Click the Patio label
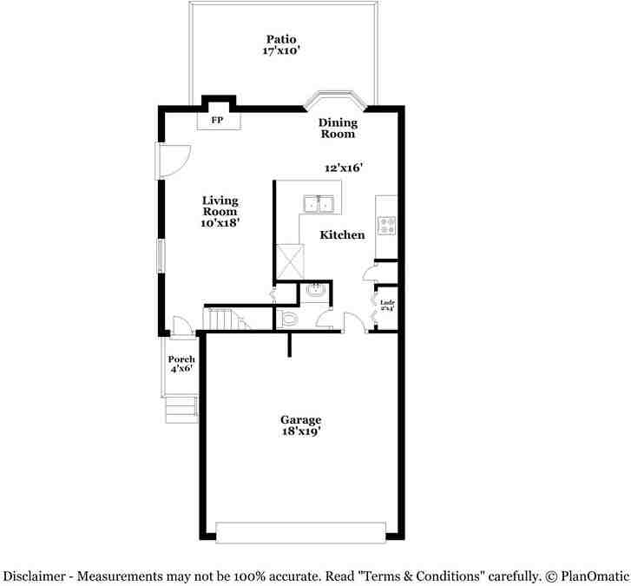281,39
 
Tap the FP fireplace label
217,121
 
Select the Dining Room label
338,128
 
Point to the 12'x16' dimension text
343,168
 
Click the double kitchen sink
320,204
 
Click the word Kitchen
342,235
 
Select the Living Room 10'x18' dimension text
220,223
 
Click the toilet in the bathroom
289,319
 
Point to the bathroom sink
316,290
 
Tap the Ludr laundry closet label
388,305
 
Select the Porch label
181,359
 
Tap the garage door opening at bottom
300,532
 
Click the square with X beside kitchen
287,260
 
